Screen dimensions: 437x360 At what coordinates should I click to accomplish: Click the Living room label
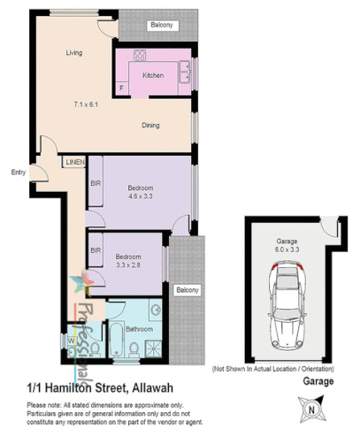click(73, 53)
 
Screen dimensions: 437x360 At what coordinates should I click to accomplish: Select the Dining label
click(150, 126)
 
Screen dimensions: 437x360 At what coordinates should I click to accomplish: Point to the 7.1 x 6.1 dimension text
click(87, 105)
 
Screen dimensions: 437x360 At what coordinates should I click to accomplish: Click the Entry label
click(18, 172)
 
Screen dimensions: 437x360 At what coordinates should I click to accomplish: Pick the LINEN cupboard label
click(74, 162)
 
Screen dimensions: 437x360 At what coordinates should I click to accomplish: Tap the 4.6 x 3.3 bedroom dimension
click(141, 197)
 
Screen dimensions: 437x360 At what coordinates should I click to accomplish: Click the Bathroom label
click(140, 328)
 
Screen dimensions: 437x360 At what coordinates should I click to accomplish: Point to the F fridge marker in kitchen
click(120, 89)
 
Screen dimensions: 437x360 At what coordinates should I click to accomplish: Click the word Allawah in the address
click(161, 387)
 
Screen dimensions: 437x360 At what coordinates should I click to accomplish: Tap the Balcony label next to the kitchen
click(160, 24)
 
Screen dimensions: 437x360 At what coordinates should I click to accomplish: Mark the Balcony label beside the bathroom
click(186, 289)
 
